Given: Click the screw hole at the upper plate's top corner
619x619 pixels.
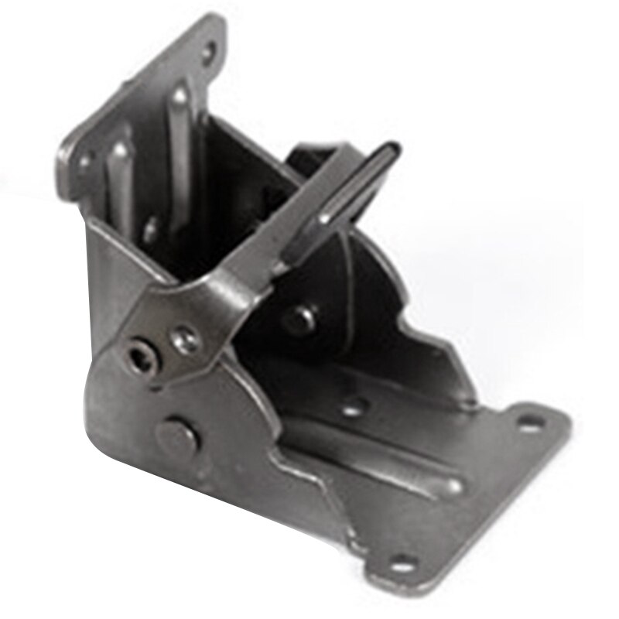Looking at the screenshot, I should coord(210,53).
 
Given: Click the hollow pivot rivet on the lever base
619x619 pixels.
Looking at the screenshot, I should coord(142,357).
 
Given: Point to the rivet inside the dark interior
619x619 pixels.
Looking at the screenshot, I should coord(301,318).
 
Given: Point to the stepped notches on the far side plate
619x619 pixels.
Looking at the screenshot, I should coord(433,348).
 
